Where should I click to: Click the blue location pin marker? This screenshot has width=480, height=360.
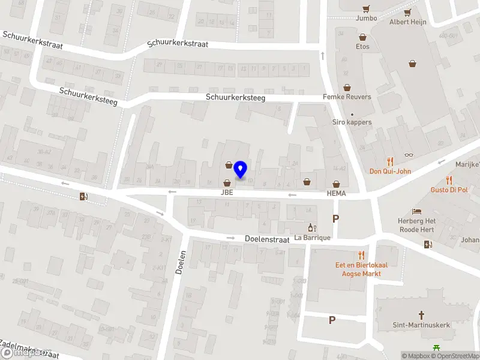coord(240,169)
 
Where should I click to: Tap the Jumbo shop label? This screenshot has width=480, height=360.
coord(366,18)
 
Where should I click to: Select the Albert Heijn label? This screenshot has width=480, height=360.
coord(407,22)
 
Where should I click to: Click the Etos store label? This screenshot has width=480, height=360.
coord(362,46)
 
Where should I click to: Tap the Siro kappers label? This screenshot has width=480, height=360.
coord(352,122)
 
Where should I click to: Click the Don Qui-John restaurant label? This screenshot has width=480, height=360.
coord(390,171)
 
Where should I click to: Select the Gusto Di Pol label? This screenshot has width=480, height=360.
coord(449,190)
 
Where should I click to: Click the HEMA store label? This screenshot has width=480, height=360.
coord(337,193)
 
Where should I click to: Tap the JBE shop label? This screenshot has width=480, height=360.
coord(227,193)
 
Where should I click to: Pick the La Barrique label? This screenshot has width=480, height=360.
coord(312,238)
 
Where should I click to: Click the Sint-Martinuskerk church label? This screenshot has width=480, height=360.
coord(421,325)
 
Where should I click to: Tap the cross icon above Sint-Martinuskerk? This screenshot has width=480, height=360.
coord(421,314)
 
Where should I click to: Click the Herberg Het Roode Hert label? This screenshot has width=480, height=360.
coord(418,225)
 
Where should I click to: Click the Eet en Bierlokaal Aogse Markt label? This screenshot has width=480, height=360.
coord(358,269)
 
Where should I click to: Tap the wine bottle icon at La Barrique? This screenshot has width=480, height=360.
coord(311,227)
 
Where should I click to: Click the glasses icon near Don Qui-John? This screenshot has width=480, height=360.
coord(409,155)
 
